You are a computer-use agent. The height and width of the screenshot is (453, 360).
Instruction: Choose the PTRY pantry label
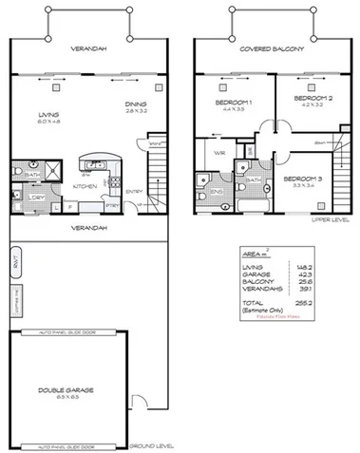coord(112,202)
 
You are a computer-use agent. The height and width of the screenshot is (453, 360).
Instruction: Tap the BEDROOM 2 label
coord(310,98)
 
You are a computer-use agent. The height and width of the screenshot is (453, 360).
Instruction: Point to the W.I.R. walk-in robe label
coord(218,152)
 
